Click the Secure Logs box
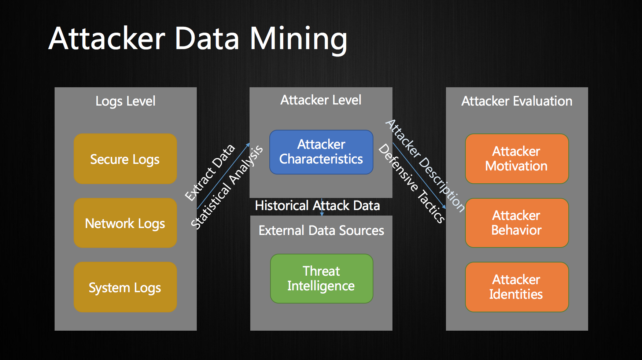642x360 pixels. (x=125, y=159)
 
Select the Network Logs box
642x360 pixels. (x=125, y=223)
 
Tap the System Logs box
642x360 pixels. (x=125, y=287)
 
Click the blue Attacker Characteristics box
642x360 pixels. (x=321, y=152)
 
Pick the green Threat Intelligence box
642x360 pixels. (x=322, y=279)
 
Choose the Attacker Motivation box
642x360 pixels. (x=517, y=159)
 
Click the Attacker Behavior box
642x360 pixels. (x=517, y=223)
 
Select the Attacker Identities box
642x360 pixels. (x=517, y=287)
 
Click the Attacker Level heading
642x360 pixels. (x=321, y=100)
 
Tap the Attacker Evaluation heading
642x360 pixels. (x=517, y=101)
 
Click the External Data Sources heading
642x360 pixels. (x=321, y=231)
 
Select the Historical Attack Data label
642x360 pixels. (x=317, y=206)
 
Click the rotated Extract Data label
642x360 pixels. (x=210, y=173)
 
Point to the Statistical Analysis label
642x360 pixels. (x=227, y=187)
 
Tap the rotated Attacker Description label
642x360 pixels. (x=425, y=166)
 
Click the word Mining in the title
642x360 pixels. (x=298, y=40)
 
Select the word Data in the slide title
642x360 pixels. (x=207, y=38)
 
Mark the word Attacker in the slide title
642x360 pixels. (x=107, y=38)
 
